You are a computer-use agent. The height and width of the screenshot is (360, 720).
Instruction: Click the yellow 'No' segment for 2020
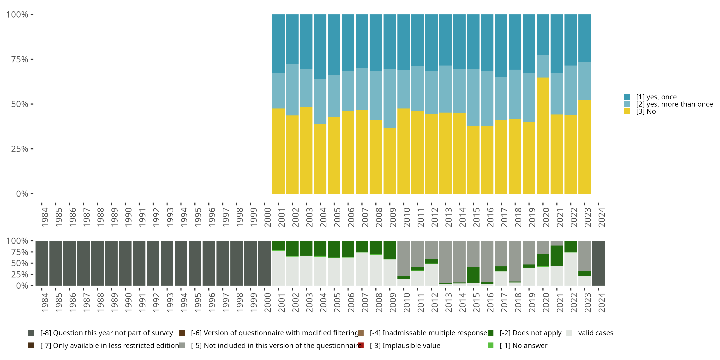pyautogui.click(x=543, y=136)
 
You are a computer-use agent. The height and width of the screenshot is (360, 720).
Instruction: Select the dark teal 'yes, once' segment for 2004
pyautogui.click(x=320, y=47)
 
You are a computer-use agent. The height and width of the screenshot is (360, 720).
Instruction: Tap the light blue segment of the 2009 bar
pyautogui.click(x=390, y=98)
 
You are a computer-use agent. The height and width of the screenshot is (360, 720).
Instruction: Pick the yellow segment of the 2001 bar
pyautogui.click(x=278, y=151)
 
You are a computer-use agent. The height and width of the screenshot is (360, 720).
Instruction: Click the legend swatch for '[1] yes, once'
pyautogui.click(x=627, y=97)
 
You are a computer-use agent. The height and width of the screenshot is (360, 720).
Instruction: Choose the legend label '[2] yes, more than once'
pyautogui.click(x=674, y=104)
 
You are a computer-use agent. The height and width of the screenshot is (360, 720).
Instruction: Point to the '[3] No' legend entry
pyautogui.click(x=646, y=112)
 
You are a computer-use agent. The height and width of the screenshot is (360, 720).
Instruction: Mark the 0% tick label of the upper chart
pyautogui.click(x=22, y=194)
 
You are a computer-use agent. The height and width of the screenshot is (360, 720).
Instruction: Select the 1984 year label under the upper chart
pyautogui.click(x=45, y=217)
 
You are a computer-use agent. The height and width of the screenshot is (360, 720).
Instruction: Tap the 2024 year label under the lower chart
pyautogui.click(x=601, y=302)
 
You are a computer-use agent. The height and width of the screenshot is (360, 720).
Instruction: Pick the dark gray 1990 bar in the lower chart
pyautogui.click(x=125, y=263)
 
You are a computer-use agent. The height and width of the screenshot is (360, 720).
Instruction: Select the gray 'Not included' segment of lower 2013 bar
pyautogui.click(x=445, y=262)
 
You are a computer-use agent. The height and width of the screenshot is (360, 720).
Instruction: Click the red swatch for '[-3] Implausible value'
pyautogui.click(x=361, y=345)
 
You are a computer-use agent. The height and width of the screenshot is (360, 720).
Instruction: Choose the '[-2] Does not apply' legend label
pyautogui.click(x=530, y=333)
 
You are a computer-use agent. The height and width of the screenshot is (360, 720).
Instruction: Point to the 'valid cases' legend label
pyautogui.click(x=596, y=333)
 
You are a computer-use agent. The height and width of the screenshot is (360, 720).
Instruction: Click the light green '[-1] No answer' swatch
pyautogui.click(x=491, y=345)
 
